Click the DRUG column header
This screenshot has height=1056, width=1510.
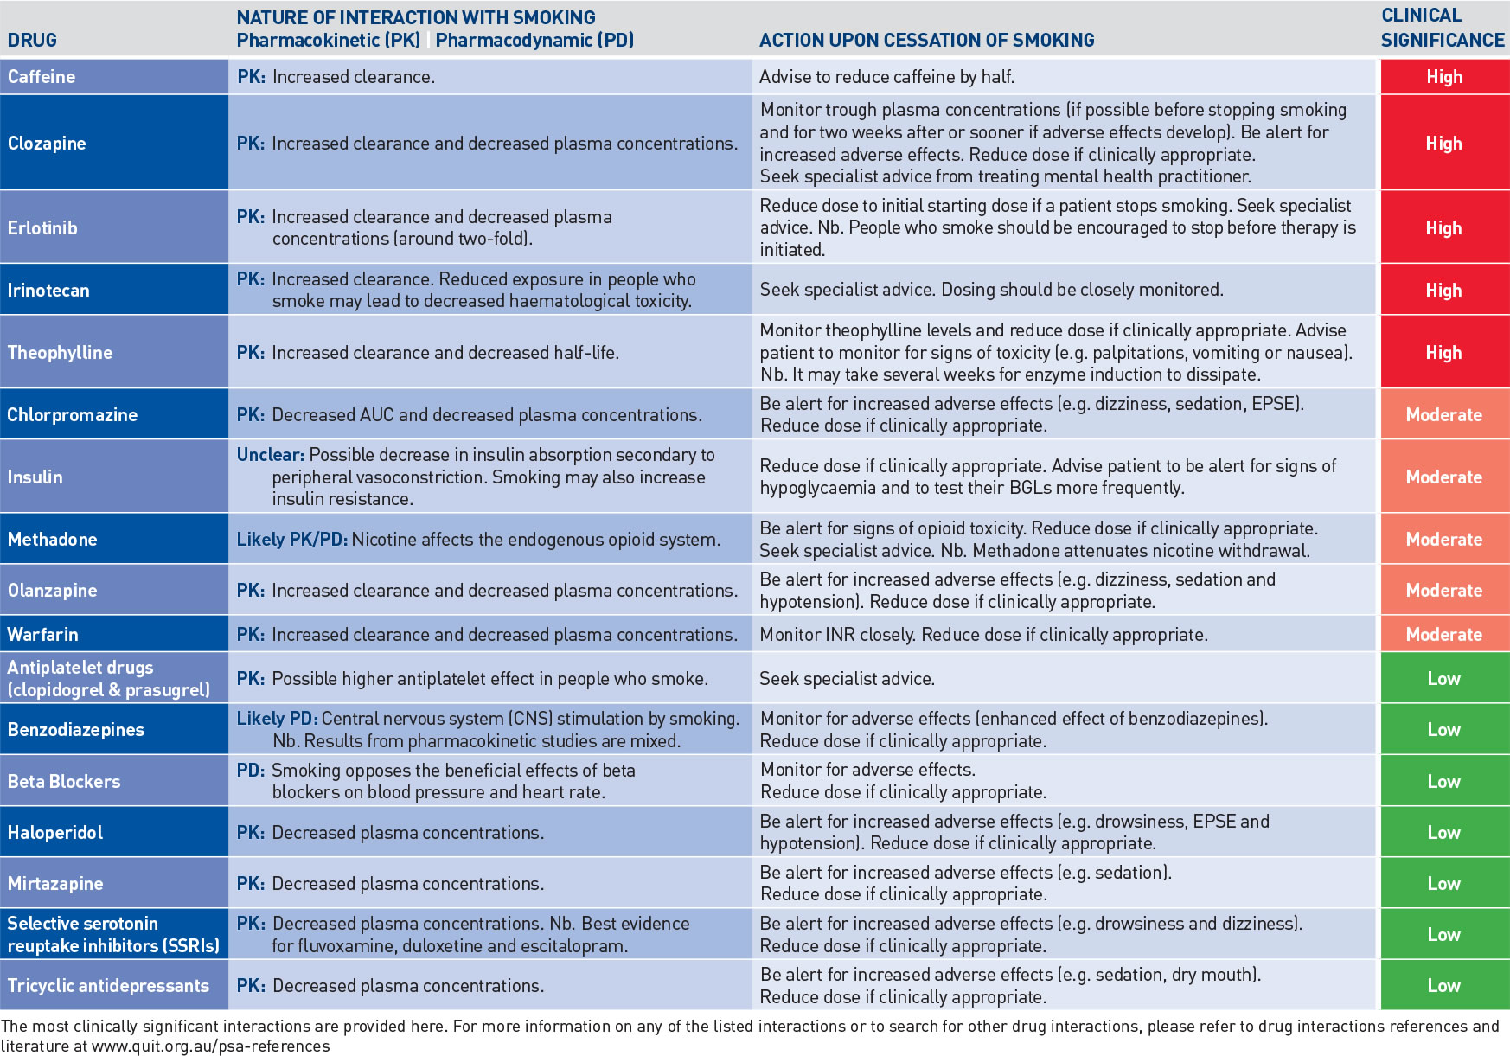coord(32,41)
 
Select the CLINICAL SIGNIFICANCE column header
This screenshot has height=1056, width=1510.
coord(1442,28)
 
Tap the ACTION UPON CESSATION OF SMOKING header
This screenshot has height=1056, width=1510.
coord(926,41)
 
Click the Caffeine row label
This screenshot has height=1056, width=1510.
coord(42,77)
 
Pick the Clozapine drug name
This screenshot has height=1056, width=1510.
coord(47,144)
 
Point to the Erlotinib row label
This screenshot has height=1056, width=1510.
coord(42,228)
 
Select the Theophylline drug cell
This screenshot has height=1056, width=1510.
coord(60,353)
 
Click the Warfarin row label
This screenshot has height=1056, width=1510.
coord(42,635)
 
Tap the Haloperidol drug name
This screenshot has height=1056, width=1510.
coord(54,833)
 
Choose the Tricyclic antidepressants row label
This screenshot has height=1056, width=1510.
coord(108,986)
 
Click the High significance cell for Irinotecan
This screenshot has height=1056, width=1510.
coord(1443,291)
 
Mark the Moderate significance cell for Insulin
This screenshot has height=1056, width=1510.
coord(1443,477)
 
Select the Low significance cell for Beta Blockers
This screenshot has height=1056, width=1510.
coord(1443,782)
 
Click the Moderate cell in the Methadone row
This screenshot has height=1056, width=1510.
coord(1443,540)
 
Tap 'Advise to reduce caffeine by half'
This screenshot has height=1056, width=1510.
coord(886,77)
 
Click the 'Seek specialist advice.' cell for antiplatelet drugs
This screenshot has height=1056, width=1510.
coord(847,679)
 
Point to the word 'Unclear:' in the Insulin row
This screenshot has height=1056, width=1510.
coord(270,455)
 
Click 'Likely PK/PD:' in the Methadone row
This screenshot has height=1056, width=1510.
coord(291,540)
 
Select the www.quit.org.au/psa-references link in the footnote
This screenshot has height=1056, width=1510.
coord(210,1046)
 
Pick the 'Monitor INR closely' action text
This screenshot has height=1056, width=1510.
coord(835,635)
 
